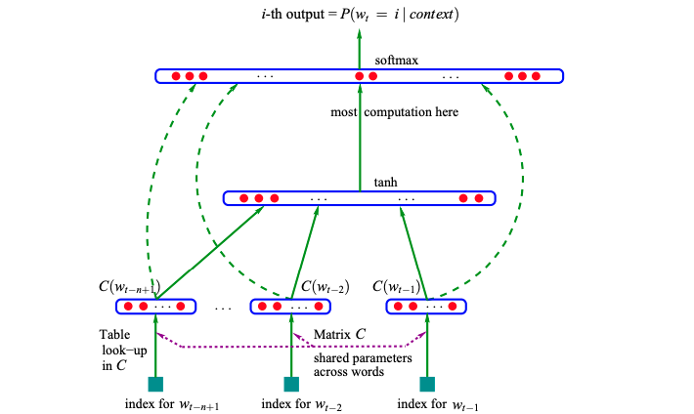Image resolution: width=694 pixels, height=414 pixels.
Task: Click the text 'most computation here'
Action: (x=395, y=112)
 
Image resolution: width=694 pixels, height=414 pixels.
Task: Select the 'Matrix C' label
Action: (x=341, y=335)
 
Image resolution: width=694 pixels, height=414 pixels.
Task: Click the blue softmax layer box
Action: (x=293, y=75)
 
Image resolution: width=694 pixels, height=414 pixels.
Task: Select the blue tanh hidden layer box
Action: (x=360, y=198)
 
